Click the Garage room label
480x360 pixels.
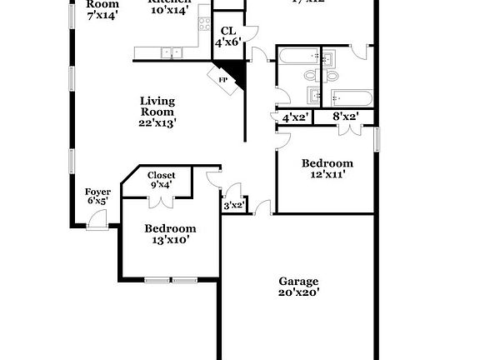[x=299, y=282]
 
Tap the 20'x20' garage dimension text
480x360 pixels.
[x=299, y=292]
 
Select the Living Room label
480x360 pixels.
[x=157, y=106]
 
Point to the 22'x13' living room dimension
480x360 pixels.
[x=157, y=122]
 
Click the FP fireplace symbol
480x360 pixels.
[x=222, y=80]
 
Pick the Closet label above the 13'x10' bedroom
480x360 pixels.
[x=161, y=175]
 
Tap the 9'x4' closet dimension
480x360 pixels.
[x=161, y=185]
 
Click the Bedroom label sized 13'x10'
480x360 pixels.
[x=170, y=228]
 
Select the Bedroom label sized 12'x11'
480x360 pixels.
[x=327, y=163]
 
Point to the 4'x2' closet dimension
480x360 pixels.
[x=296, y=117]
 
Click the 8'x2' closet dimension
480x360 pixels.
[x=345, y=117]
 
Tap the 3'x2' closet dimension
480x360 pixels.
[x=233, y=205]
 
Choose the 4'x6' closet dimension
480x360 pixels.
[x=228, y=42]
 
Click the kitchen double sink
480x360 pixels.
[x=172, y=53]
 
